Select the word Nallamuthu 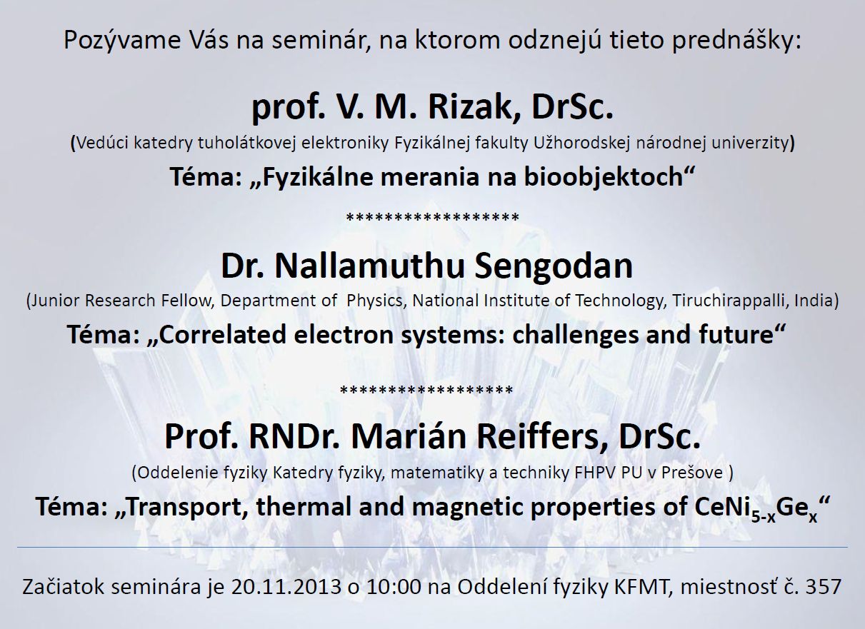[x=369, y=266]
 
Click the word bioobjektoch [x=604, y=178]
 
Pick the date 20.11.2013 [x=286, y=587]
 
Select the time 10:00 [x=394, y=587]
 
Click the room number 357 [x=824, y=587]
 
